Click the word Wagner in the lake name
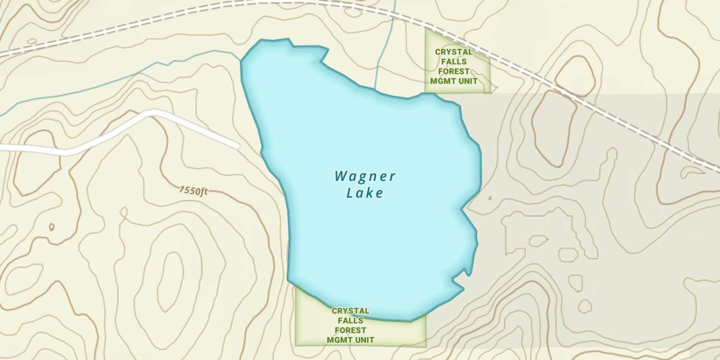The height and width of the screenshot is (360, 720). tap(365, 176)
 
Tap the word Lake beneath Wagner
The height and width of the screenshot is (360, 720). tap(365, 193)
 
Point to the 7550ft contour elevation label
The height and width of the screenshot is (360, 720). tap(193, 191)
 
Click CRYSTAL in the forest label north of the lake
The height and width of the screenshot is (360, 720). tap(454, 52)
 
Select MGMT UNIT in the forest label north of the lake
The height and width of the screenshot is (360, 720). tap(454, 81)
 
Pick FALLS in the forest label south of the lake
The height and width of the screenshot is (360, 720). tap(350, 321)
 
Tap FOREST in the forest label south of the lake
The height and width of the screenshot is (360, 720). tap(350, 330)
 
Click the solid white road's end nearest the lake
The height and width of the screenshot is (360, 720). tap(236, 145)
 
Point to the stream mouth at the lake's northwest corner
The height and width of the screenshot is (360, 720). tap(241, 60)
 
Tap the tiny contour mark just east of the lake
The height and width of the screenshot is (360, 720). tap(490, 198)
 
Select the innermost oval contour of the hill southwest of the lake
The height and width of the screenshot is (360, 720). tap(170, 281)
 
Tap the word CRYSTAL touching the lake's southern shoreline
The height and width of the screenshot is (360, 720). tap(350, 311)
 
